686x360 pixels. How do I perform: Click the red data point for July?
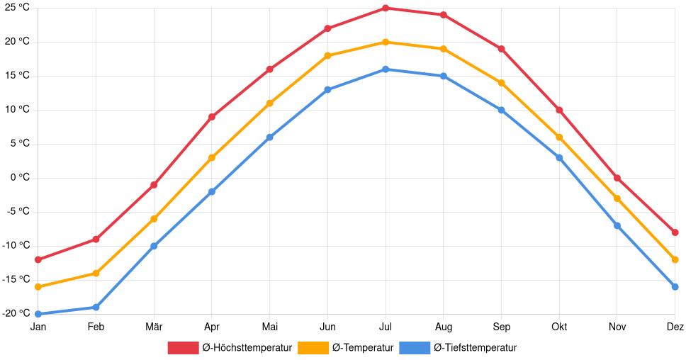tap(386, 8)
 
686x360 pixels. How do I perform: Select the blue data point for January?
tap(38, 314)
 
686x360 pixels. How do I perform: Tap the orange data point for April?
tap(212, 157)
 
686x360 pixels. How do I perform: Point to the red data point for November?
tap(617, 178)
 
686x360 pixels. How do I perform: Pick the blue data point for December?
tap(675, 287)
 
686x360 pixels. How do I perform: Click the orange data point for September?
tap(501, 83)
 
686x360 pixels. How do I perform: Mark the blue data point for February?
tap(96, 307)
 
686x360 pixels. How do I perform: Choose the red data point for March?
tap(154, 185)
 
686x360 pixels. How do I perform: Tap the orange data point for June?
tap(327, 55)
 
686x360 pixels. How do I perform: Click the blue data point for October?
tap(559, 157)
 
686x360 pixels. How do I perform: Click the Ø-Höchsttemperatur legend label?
tap(247, 348)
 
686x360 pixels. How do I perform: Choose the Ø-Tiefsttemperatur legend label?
tap(475, 348)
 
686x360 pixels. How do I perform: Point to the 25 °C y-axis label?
tap(16, 8)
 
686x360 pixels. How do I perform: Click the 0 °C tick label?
tap(19, 178)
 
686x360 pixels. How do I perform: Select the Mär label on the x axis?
tap(154, 327)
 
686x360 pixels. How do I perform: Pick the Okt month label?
tap(559, 327)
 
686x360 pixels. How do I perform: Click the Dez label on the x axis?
tap(675, 327)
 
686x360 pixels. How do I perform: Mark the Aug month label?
tap(443, 327)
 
